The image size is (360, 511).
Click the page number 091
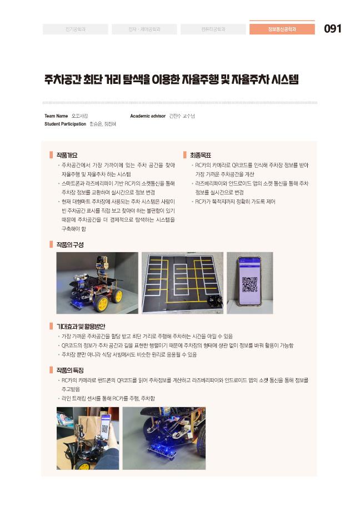332,29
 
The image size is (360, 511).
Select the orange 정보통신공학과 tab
282,29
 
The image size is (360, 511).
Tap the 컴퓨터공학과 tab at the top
213,29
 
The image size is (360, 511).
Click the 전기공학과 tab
76,29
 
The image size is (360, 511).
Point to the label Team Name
56,116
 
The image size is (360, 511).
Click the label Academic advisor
147,116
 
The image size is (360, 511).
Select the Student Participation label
65,124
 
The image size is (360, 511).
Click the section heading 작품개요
67,155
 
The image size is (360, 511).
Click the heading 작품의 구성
69,244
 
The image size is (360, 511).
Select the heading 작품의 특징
69,369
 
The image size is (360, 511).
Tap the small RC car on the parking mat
211,300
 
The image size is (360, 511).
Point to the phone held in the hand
104,425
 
